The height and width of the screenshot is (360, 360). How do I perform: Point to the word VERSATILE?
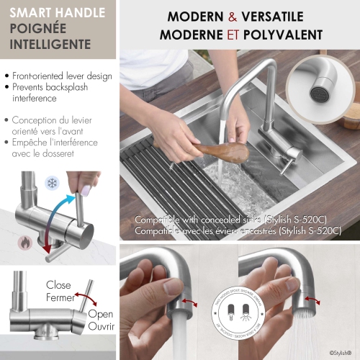pos(276,17)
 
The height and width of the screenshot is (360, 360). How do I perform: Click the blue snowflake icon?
pos(53,183)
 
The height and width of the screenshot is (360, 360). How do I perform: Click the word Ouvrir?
pos(100,327)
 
